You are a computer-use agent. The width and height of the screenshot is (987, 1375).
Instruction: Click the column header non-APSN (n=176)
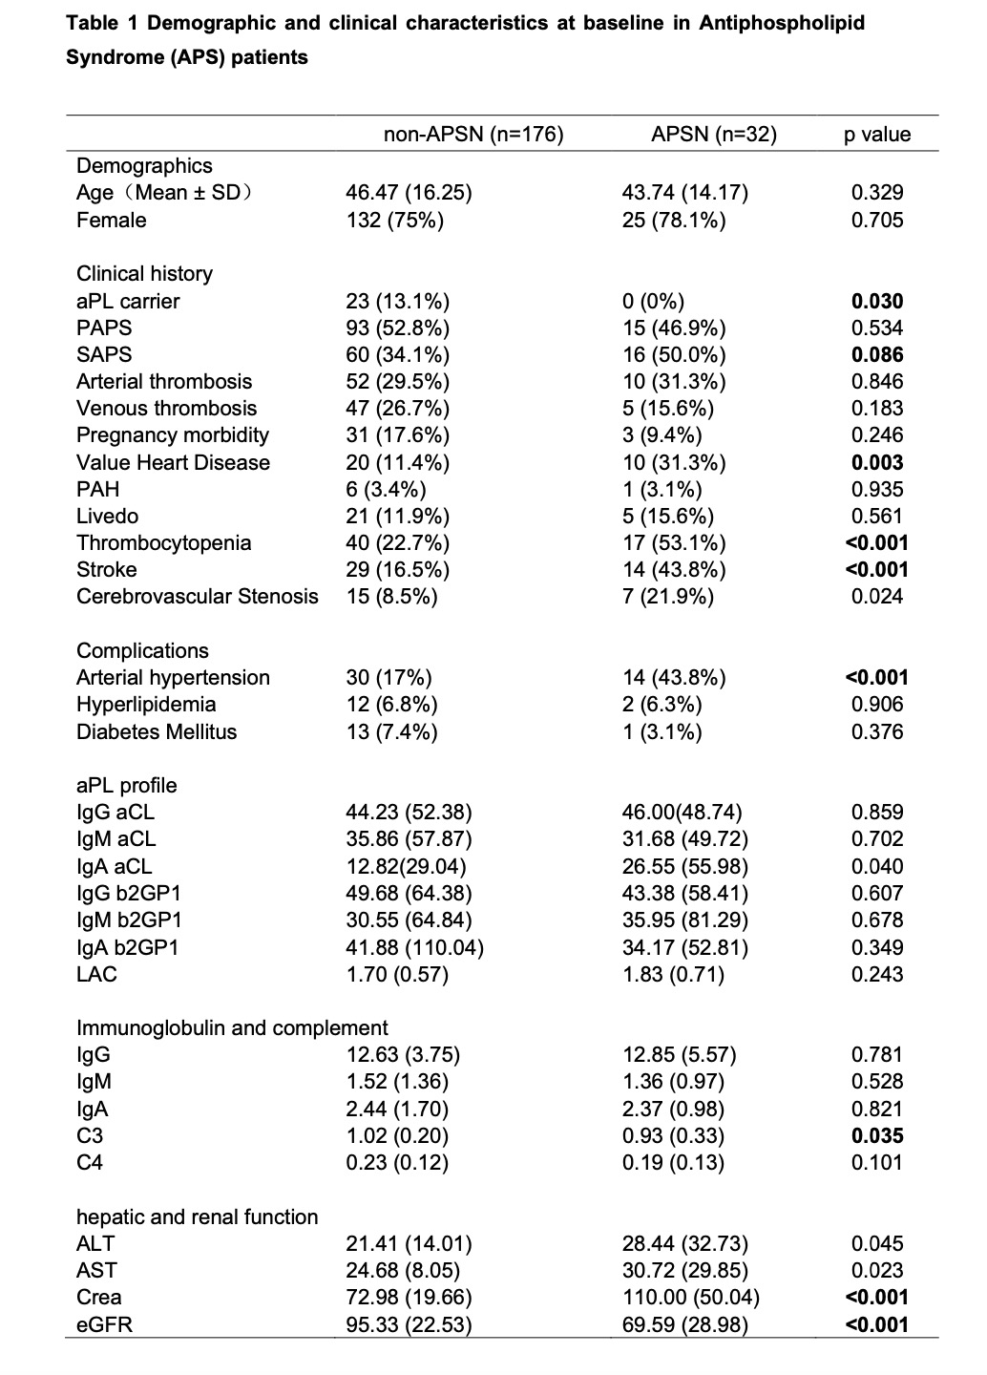(473, 135)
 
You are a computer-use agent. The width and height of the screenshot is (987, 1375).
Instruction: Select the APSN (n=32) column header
(714, 135)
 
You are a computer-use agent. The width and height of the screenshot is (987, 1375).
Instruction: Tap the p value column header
(877, 135)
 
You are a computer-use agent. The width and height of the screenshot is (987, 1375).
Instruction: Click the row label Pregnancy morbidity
(173, 435)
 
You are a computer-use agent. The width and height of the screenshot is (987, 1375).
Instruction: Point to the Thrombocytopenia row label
(164, 543)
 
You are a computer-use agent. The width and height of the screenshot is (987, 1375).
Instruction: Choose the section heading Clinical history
(144, 274)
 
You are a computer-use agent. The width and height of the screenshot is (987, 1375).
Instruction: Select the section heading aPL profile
(127, 786)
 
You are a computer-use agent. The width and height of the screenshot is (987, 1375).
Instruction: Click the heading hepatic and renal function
(198, 1217)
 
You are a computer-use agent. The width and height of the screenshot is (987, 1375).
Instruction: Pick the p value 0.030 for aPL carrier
(877, 302)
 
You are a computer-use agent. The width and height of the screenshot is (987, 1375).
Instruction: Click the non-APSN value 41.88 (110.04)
(414, 948)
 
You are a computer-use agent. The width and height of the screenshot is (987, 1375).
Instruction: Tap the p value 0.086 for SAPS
(877, 355)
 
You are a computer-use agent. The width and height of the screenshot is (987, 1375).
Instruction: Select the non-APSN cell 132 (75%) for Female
(394, 221)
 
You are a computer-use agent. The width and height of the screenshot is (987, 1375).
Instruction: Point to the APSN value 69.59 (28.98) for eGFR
(685, 1325)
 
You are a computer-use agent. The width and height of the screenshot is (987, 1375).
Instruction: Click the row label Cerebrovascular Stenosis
(198, 597)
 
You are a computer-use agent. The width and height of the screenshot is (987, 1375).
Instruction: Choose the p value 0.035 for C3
(877, 1136)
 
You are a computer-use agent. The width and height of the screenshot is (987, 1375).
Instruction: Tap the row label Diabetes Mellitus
(157, 732)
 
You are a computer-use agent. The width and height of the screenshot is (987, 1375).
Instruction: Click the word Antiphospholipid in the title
(782, 23)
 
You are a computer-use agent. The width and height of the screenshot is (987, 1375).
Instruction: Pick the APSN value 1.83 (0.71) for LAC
(673, 975)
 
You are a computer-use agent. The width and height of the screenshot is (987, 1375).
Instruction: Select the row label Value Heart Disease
(173, 463)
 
